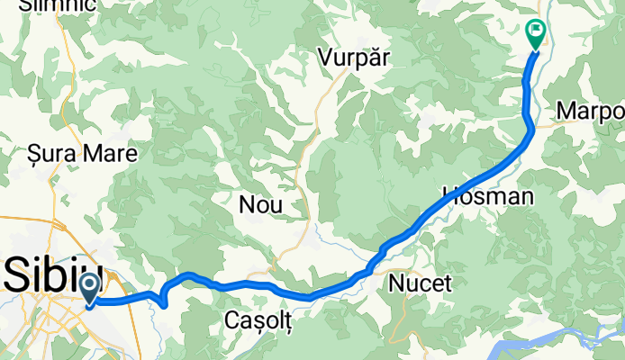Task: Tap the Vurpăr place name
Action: (x=353, y=57)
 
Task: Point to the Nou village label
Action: (x=260, y=205)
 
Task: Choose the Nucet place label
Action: (x=420, y=284)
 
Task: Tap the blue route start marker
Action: (x=91, y=289)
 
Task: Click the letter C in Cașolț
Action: (x=231, y=322)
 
